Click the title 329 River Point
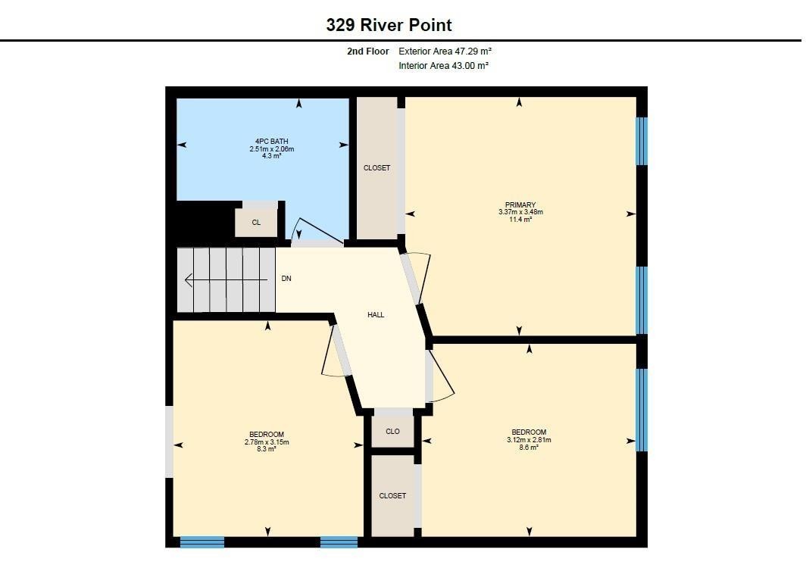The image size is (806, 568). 389,25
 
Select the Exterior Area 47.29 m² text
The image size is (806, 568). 445,51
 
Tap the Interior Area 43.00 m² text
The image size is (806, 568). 444,66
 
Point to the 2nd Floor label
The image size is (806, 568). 368,51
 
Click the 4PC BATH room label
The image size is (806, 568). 271,142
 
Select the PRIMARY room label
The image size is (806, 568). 520,204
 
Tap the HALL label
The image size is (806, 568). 376,314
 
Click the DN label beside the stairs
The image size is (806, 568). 286,279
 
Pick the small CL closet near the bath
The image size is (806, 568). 256,223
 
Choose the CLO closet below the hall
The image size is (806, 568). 392,431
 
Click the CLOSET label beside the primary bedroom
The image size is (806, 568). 376,168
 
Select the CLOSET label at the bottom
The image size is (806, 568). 392,495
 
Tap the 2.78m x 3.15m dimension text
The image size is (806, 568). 267,442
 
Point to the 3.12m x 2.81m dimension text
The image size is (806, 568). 529,440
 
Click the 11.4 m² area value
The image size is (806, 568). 520,219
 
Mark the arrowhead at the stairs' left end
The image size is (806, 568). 188,280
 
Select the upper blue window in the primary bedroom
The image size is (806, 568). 642,142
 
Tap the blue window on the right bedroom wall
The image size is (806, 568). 642,410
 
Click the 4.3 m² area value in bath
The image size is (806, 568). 271,156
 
